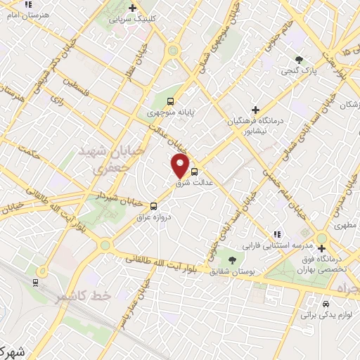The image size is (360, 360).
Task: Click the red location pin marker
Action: pos(180,166)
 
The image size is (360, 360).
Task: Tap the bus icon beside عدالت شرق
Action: pos(194,170)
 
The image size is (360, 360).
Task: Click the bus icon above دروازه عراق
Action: pos(153,205)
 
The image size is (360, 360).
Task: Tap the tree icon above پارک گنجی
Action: pos(300,59)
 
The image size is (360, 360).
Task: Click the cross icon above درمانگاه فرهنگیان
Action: pos(255,110)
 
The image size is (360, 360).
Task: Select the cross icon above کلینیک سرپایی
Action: pos(133,8)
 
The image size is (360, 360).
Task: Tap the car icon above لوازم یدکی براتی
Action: pos(326,304)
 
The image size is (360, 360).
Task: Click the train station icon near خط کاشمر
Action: pos(34,282)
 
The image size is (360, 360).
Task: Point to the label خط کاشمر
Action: pos(85,296)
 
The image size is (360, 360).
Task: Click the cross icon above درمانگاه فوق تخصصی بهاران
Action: pos(321,248)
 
